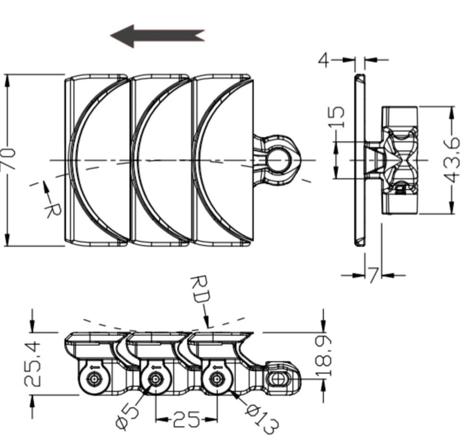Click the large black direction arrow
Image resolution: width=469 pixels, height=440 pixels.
pyautogui.click(x=157, y=36)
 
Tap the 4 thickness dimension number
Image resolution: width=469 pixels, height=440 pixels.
pyautogui.click(x=324, y=60)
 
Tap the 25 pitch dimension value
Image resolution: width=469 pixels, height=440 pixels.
pyautogui.click(x=186, y=419)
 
